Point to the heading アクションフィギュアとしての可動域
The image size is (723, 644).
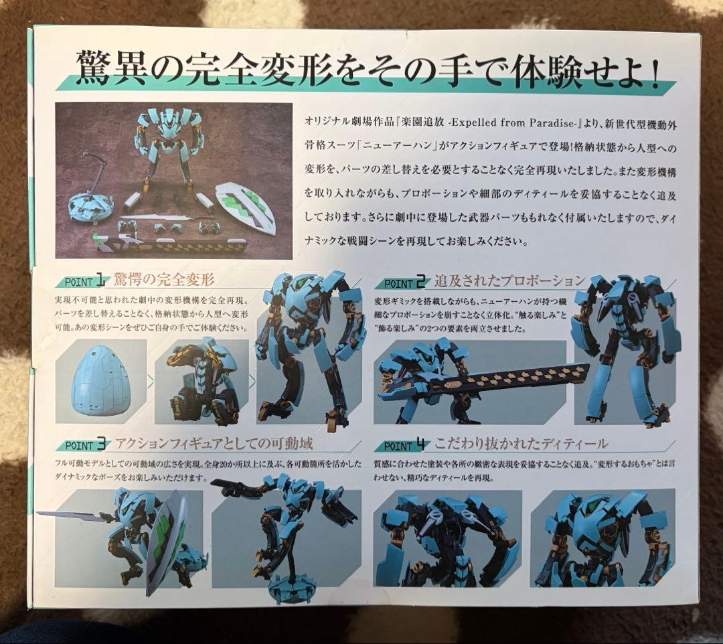pyautogui.click(x=214, y=443)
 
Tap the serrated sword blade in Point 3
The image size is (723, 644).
pyautogui.click(x=68, y=514)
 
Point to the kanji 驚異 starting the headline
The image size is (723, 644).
pyautogui.click(x=110, y=68)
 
